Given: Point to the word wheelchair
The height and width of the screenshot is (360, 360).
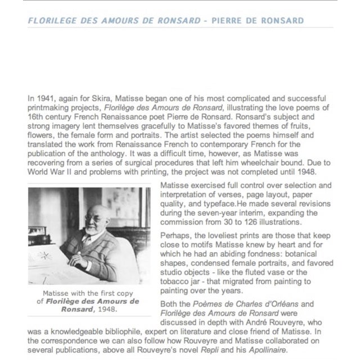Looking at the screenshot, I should [281, 162].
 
